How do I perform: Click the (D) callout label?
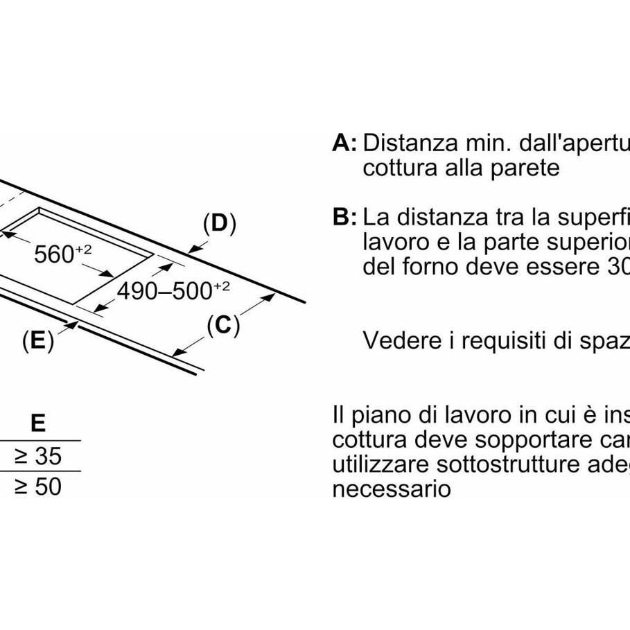point(219,224)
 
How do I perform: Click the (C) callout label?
point(222,326)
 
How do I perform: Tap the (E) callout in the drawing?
point(37,340)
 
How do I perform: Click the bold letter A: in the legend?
point(344,143)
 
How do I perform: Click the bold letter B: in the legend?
point(344,218)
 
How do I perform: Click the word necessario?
point(392,489)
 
